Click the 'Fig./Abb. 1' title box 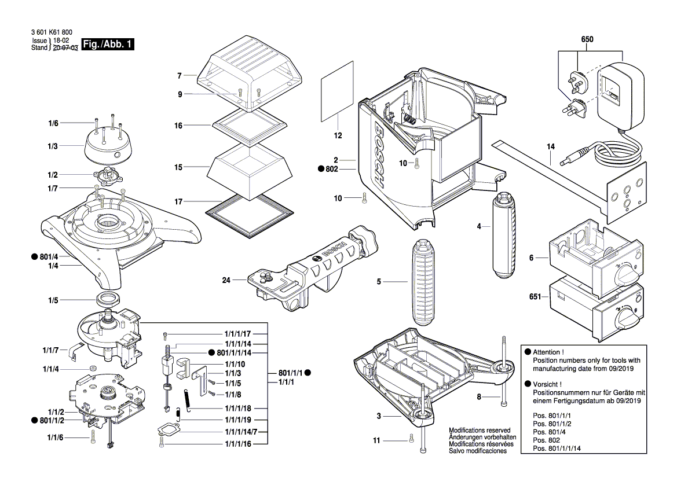(108, 45)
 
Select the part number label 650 (587, 39)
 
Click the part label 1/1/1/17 (237, 334)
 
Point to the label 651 (535, 297)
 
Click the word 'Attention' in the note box (547, 352)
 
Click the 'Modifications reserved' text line (480, 431)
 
